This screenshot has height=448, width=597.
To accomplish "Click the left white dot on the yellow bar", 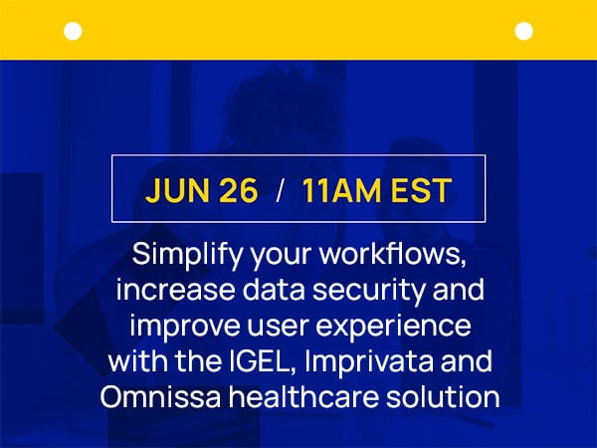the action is [73, 31].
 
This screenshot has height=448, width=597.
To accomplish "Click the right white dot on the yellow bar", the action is [524, 31].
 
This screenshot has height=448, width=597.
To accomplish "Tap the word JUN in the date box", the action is [177, 190].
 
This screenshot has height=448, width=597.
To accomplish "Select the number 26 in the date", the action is [239, 190].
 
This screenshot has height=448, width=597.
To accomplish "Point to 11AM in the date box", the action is [341, 190].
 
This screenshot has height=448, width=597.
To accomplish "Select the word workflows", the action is [393, 255].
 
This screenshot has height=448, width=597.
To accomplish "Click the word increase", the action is [175, 290].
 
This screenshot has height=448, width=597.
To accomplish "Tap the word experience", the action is [393, 327].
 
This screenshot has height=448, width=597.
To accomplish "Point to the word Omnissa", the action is [160, 396].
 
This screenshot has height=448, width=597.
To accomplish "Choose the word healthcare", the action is [303, 396].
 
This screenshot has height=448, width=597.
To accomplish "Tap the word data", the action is [274, 290].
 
